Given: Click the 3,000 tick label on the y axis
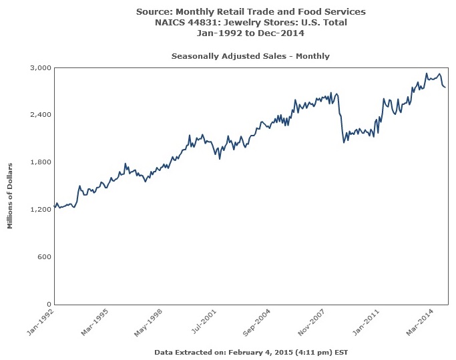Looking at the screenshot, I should coord(41,67).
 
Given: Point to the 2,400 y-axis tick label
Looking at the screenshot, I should coord(41,115).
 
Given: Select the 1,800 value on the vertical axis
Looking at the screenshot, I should coord(41,162).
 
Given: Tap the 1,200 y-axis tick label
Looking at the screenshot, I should coord(41,210).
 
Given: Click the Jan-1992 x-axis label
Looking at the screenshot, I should coord(41,321).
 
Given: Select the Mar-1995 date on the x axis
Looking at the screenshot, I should coord(96,321).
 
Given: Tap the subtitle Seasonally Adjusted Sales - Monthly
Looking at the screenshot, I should coord(250,56).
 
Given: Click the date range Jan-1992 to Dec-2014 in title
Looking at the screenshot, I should coord(250,33).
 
